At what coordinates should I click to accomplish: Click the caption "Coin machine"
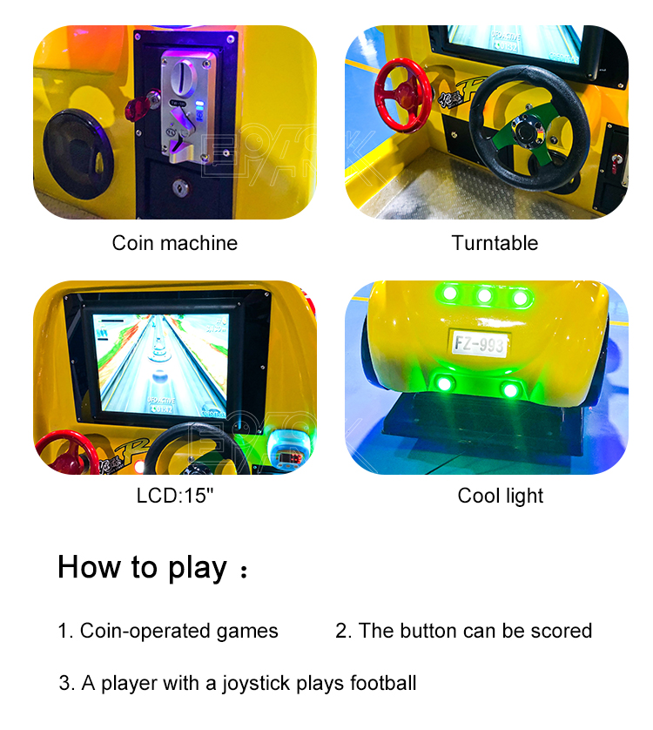[174, 243]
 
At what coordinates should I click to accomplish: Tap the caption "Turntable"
[495, 243]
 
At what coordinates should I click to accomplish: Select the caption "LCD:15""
[174, 496]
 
